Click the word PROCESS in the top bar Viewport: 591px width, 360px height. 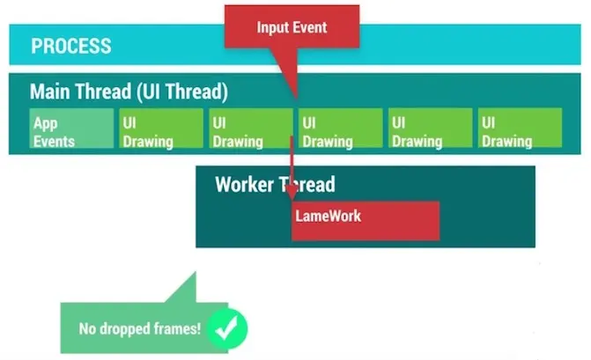71,46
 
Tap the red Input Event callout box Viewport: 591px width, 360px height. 292,27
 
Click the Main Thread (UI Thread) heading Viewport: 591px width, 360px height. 129,92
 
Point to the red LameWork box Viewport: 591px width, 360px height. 366,220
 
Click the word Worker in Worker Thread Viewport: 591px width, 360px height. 245,185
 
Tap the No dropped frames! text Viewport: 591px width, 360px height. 140,330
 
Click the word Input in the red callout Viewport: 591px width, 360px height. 273,27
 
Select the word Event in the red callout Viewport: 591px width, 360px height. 311,27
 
